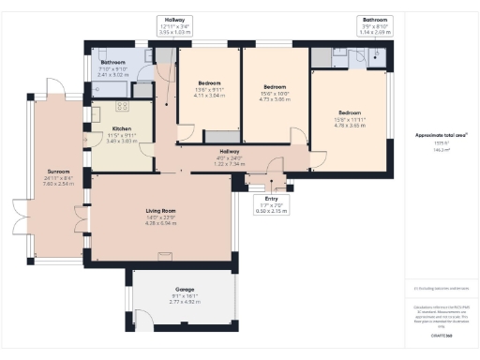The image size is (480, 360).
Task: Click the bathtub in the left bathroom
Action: coord(110,91)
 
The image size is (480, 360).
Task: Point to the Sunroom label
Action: coord(58,172)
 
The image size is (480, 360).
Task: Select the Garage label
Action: coord(185,291)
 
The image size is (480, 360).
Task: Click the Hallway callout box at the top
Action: coord(174,25)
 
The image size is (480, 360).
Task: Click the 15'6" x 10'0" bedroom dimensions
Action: coord(274,94)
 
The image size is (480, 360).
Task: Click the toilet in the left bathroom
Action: coord(141,91)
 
